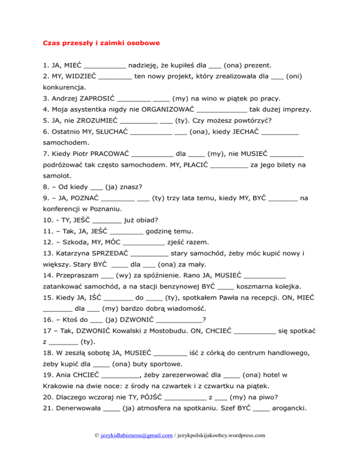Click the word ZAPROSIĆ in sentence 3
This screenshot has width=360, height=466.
[97, 98]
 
